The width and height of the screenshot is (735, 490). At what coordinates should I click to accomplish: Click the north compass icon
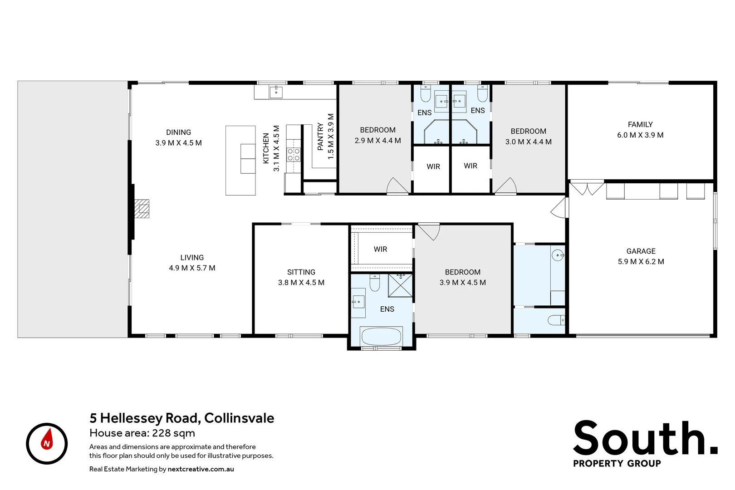[x=47, y=443]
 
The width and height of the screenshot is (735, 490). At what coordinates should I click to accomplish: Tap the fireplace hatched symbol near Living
[x=142, y=209]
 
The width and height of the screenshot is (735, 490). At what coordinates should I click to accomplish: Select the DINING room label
[x=178, y=132]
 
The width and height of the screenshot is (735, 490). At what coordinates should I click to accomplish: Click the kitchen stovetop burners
[x=294, y=154]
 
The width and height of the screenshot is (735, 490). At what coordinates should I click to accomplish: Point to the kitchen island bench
[x=240, y=161]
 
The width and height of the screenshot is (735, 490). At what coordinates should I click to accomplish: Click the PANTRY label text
[x=320, y=136]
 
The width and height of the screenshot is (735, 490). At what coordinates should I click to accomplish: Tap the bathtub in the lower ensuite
[x=381, y=337]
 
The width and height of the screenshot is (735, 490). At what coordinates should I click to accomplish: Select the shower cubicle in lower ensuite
[x=401, y=285]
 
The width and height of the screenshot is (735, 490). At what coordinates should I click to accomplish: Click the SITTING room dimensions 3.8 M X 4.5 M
[x=301, y=282]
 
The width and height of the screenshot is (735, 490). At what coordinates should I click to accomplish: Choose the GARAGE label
[x=641, y=251]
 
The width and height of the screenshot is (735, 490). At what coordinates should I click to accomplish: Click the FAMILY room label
[x=640, y=124]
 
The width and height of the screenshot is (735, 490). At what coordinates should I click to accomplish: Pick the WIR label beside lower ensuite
[x=380, y=249]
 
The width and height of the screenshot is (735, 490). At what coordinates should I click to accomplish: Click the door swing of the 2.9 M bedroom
[x=397, y=186]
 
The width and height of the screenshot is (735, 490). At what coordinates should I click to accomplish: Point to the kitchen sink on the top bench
[x=276, y=92]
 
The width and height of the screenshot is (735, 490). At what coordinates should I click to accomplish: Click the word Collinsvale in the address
[x=239, y=418]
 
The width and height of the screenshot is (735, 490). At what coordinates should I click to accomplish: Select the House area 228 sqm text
[x=142, y=433]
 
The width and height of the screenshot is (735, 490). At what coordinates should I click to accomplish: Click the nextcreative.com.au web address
[x=201, y=469]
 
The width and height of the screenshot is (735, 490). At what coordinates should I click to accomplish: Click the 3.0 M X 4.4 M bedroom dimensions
[x=528, y=142]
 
